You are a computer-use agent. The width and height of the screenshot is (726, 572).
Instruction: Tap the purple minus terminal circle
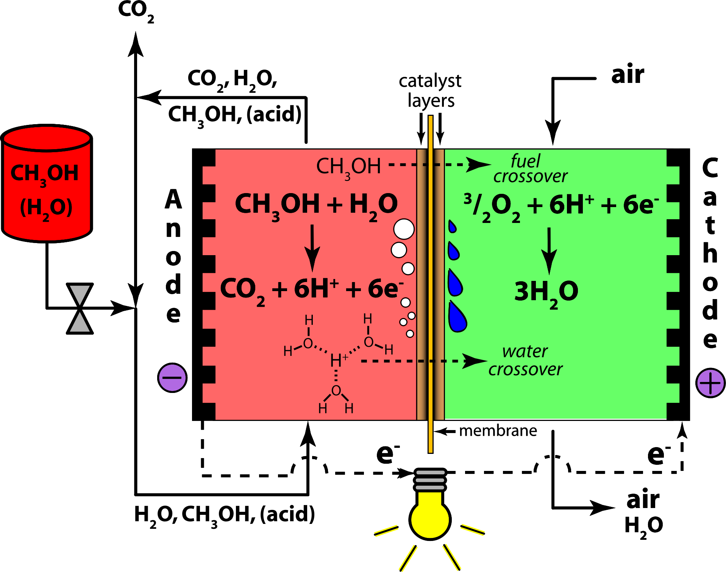point(172,378)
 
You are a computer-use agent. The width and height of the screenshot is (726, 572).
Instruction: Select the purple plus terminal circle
point(710,383)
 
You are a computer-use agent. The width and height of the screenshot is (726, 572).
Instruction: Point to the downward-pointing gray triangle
point(80,294)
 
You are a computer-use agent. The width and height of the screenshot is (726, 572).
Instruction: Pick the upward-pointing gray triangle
point(80,323)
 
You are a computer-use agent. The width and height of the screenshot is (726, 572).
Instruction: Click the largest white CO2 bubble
point(404,229)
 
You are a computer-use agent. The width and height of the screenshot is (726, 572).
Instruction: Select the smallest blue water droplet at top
point(452,226)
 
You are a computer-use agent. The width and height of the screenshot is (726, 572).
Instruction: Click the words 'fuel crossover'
point(530,169)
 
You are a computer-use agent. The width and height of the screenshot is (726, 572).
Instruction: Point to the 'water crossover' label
point(525,360)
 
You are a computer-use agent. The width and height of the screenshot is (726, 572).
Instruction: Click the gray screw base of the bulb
point(430,480)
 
